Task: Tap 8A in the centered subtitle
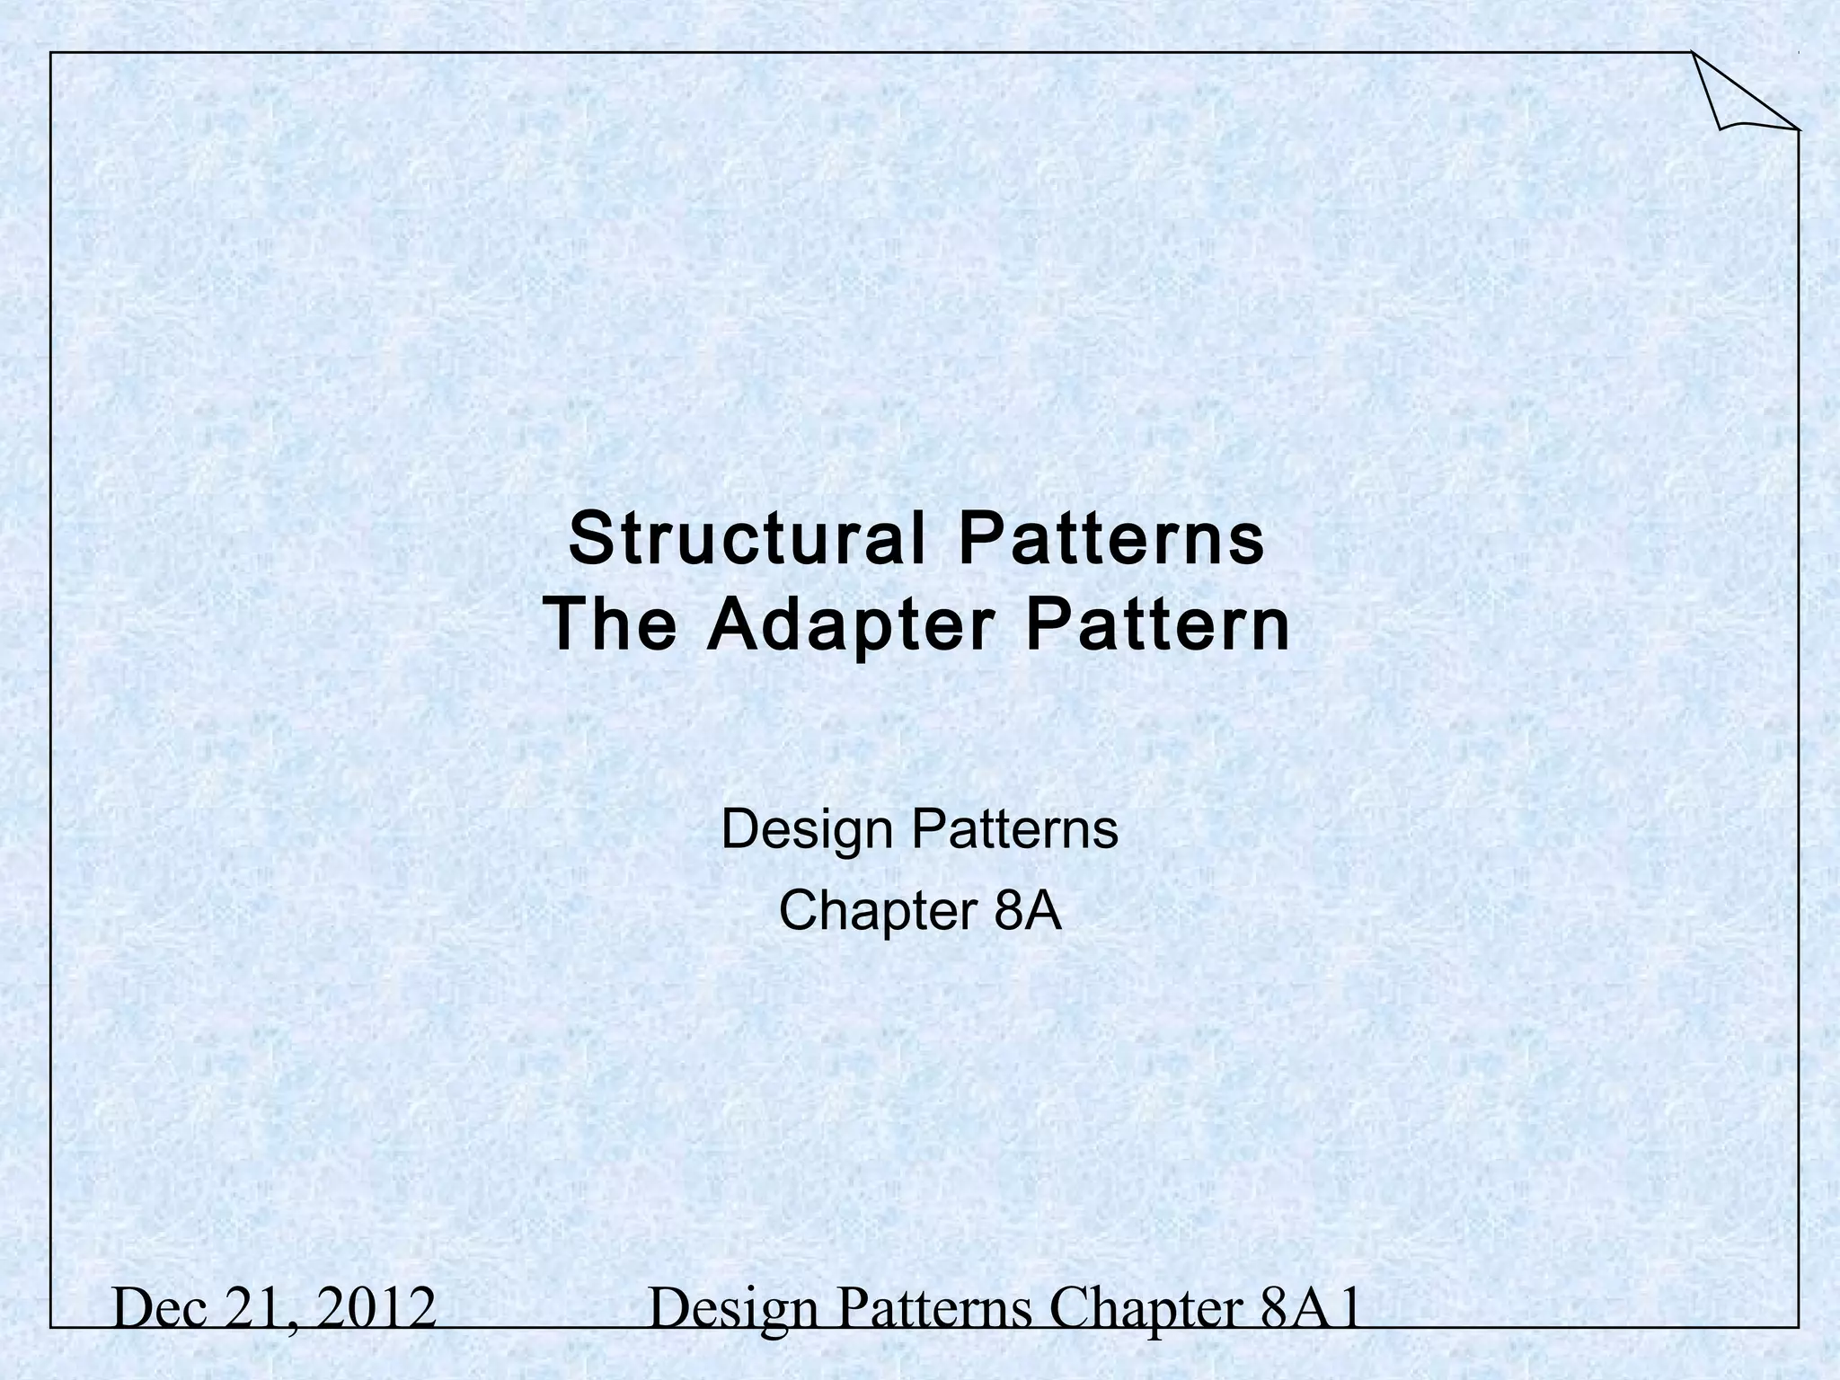(x=1029, y=911)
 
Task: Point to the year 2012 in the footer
(x=377, y=1309)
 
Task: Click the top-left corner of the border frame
(x=51, y=53)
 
